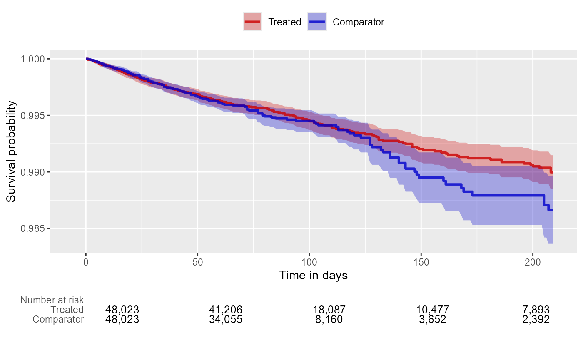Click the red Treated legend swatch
pos(252,22)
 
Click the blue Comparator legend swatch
pos(317,22)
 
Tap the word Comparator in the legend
pos(358,22)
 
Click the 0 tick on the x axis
pos(86,263)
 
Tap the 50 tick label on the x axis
pos(197,263)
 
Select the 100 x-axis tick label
pos(309,263)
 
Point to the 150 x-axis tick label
pos(421,263)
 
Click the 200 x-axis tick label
pos(533,263)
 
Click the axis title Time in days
pos(313,276)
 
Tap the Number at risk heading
pos(52,300)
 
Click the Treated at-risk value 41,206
pos(225,310)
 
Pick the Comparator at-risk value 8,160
pos(329,320)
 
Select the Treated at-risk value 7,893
pos(536,310)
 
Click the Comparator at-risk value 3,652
pos(432,320)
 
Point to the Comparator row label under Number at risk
pos(58,320)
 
